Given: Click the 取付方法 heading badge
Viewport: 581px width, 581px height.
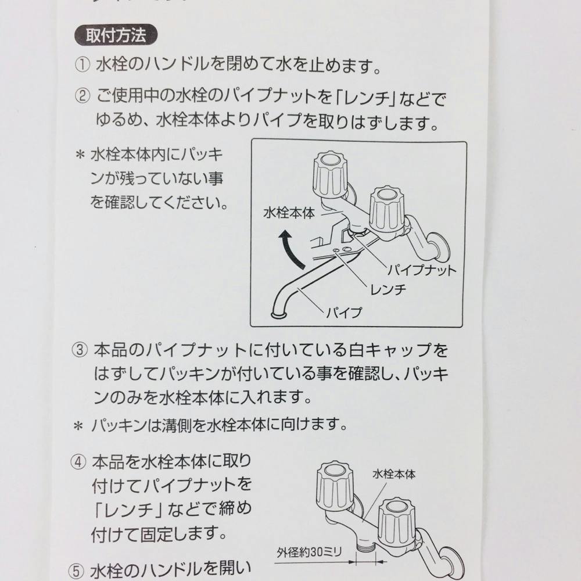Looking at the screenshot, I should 117,35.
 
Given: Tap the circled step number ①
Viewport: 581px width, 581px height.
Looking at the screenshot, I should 83,65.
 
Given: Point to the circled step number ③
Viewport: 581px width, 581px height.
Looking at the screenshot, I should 79,350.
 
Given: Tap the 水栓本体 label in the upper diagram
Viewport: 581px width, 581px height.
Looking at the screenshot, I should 289,213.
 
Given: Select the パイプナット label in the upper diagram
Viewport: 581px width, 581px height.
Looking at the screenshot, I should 422,270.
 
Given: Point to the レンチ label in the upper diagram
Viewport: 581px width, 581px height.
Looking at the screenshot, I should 387,289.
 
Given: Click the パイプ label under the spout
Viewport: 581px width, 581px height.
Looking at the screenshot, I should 343,313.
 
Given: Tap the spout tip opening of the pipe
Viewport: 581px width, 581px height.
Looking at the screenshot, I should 278,314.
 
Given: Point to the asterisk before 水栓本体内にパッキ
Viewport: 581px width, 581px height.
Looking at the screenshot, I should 80,155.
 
